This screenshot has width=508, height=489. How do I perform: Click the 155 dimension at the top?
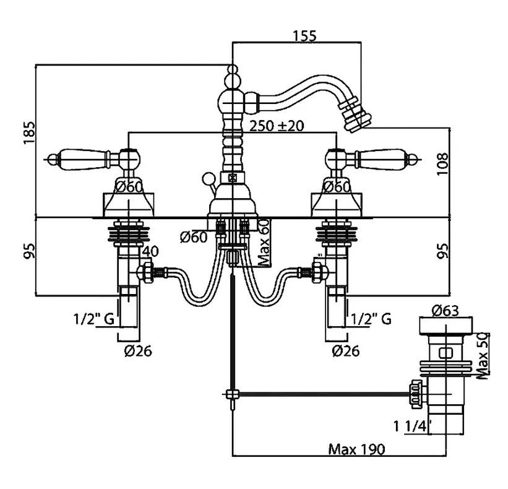coord(304,35)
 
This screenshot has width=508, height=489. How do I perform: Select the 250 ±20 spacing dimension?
coord(277,126)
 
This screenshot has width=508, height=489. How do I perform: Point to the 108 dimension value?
coord(442,164)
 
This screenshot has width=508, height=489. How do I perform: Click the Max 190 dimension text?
coord(356,449)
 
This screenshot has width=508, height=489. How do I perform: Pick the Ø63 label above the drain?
coord(446,311)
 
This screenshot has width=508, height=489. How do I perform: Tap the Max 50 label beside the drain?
coord(483,355)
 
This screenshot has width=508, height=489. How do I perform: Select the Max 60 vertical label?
coord(264,243)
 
